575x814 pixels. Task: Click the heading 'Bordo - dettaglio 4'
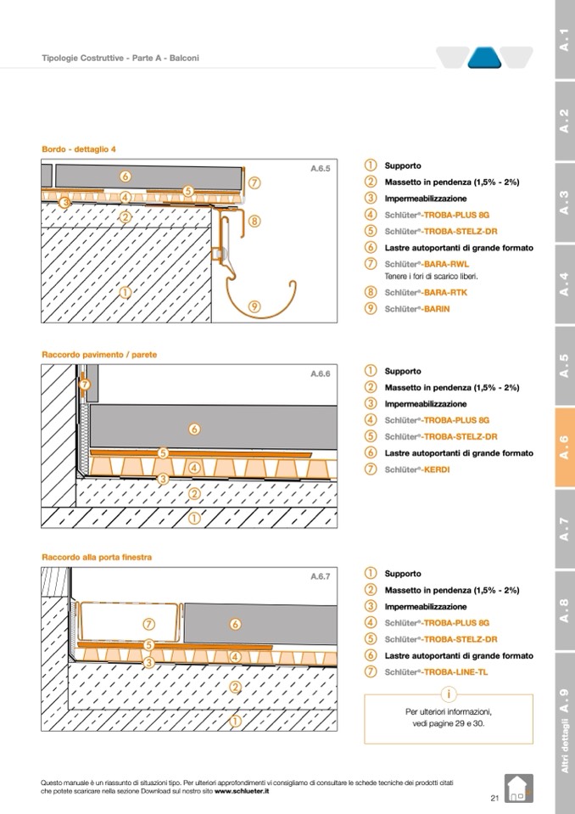click(79, 149)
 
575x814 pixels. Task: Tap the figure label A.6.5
click(320, 169)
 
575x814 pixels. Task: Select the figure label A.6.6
click(320, 373)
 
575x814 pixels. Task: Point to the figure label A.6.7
click(320, 576)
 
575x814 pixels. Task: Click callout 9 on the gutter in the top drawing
click(255, 306)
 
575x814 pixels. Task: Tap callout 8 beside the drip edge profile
click(255, 221)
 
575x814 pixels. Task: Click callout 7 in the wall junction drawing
click(84, 385)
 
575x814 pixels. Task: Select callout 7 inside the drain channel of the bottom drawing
click(149, 625)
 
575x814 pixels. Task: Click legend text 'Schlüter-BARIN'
click(417, 309)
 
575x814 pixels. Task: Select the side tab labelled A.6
click(564, 447)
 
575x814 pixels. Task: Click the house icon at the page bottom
click(516, 789)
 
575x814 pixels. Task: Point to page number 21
click(494, 797)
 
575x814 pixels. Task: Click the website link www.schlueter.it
click(242, 790)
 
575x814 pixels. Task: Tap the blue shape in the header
click(485, 58)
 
